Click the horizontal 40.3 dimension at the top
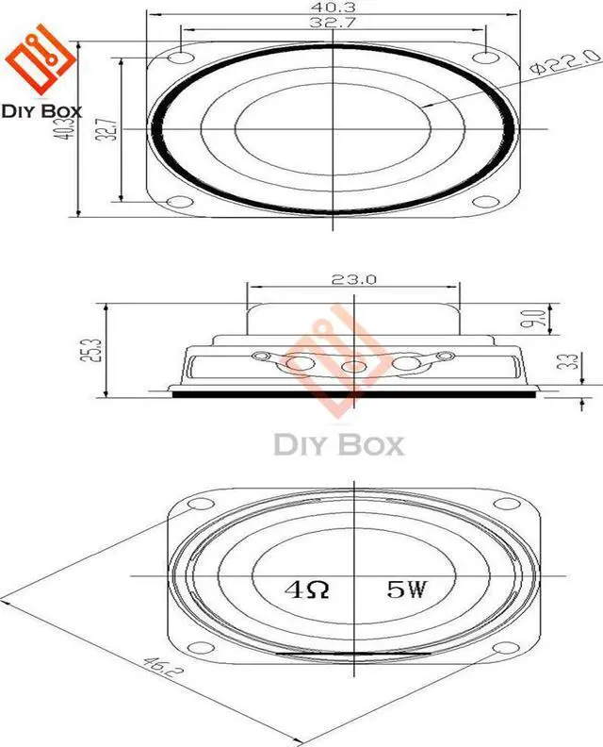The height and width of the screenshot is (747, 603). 334,8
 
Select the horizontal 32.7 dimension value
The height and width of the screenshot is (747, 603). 334,24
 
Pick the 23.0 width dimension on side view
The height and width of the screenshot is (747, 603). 353,279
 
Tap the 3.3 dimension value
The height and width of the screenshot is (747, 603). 563,362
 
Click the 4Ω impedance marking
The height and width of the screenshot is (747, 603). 307,591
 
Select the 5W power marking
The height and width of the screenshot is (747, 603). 407,591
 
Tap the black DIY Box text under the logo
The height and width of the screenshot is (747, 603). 41,110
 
